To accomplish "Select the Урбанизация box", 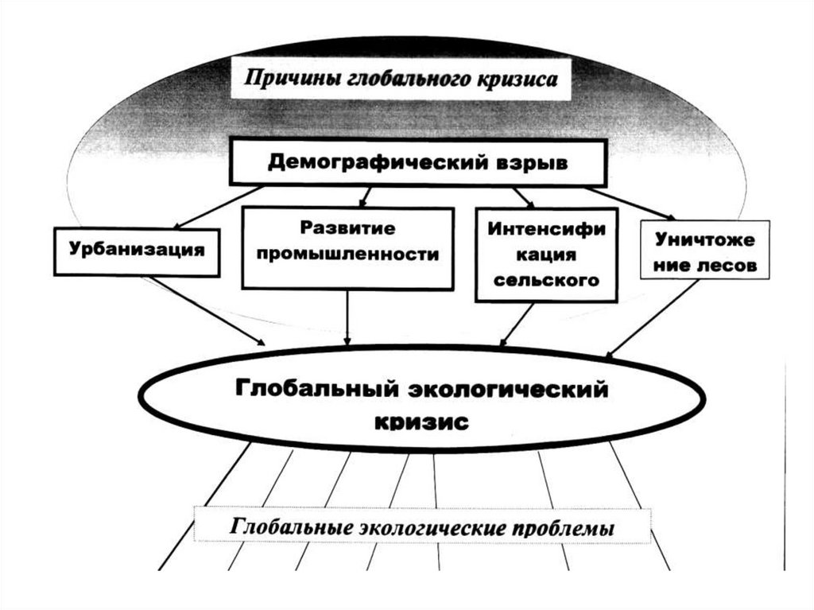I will pos(137,250).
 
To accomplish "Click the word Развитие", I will pos(347,228).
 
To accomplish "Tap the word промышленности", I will pos(347,255).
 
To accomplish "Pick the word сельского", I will pos(545,281).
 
